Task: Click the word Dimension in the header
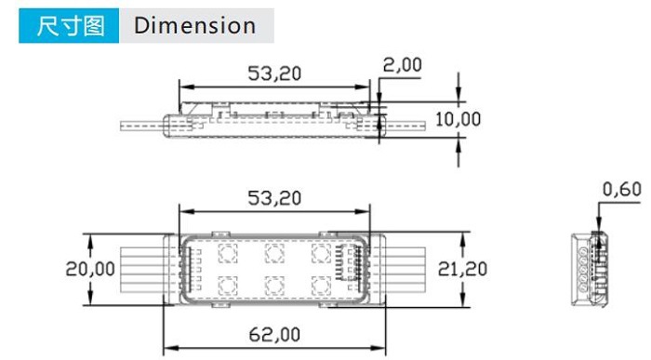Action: pos(194,26)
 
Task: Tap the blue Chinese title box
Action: pos(69,26)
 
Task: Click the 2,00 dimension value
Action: pos(402,65)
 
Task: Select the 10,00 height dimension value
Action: pos(458,119)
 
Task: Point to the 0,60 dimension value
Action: pos(621,190)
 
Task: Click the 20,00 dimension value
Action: pos(90,269)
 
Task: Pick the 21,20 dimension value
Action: pos(462,269)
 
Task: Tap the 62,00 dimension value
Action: pos(274,335)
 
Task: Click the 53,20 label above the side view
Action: pos(274,73)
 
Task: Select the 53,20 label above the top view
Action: pos(274,198)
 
